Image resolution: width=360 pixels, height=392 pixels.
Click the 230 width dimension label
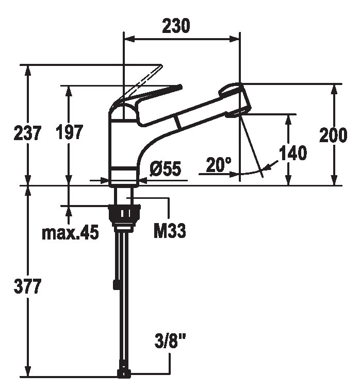coord(176,26)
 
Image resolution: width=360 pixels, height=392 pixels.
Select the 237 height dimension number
coord(27,133)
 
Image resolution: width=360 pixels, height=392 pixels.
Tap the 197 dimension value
coord(69,132)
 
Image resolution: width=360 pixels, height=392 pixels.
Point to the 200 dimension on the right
coord(333,135)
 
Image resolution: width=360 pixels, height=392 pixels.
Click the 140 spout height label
coord(292,153)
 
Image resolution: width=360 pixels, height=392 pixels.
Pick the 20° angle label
coord(219,165)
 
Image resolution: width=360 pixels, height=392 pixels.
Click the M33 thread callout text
coord(170,230)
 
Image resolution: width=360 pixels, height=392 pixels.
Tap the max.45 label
coord(70,233)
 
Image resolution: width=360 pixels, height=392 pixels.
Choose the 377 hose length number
coord(27,286)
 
